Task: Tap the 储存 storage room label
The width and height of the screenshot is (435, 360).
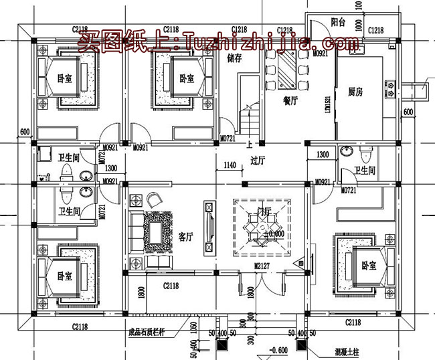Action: coord(234,58)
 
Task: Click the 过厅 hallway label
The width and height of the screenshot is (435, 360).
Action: coord(258,161)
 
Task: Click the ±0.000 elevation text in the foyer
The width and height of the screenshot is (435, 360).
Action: coord(275,234)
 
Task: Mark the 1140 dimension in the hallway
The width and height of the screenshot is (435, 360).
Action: coord(230,165)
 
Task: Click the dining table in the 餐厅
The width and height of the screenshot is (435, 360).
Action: coord(289,69)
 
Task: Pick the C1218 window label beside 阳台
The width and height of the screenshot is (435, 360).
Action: coord(375,30)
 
